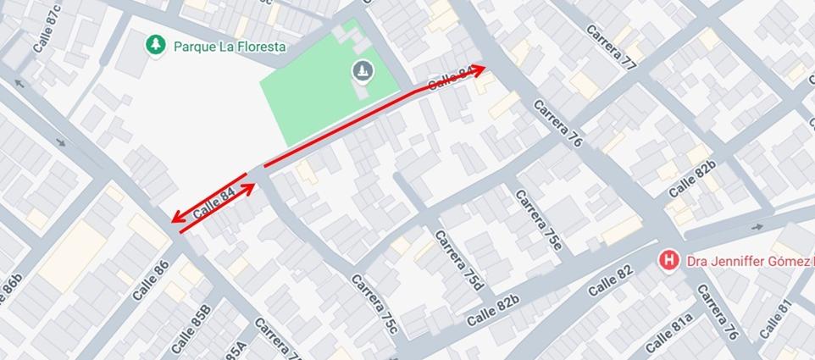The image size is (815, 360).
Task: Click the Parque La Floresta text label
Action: pyautogui.click(x=229, y=47)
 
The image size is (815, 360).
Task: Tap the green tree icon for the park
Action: pyautogui.click(x=154, y=44)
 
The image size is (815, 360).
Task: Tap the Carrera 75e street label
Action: pyautogui.click(x=538, y=218)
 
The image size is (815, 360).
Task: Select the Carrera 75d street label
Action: pyautogui.click(x=458, y=259)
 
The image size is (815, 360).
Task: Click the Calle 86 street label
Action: pyautogui.click(x=150, y=280)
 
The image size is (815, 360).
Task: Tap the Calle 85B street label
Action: pyautogui.click(x=191, y=329)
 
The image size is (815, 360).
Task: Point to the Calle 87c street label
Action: pyautogui.click(x=47, y=28)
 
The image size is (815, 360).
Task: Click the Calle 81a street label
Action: pyautogui.click(x=669, y=333)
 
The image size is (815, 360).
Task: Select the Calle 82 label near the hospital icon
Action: pyautogui.click(x=610, y=281)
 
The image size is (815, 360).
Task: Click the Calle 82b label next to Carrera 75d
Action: pyautogui.click(x=492, y=312)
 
